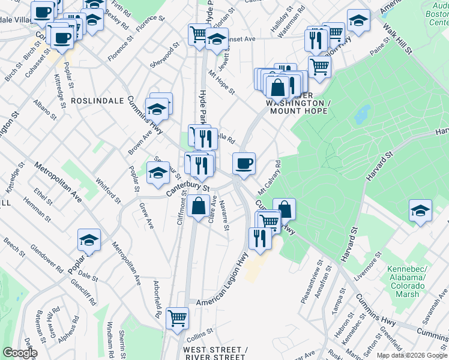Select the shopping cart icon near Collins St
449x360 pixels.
(x=177, y=317)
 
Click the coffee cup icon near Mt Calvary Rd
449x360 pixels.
(x=244, y=163)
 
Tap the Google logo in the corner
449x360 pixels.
(x=20, y=353)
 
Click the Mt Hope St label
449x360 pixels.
(x=221, y=82)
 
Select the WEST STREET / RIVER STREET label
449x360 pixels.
(x=215, y=353)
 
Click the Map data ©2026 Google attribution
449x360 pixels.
(x=411, y=355)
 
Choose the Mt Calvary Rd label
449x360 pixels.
(x=270, y=177)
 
